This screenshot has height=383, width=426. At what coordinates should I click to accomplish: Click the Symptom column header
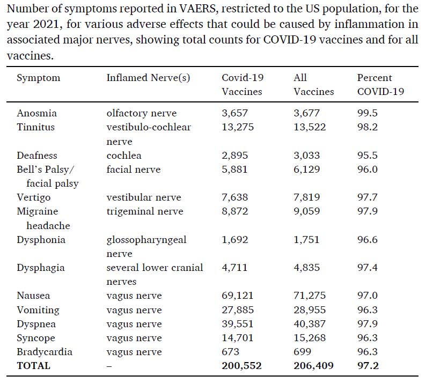pyautogui.click(x=38, y=78)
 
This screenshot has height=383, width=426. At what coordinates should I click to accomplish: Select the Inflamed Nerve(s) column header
pyautogui.click(x=148, y=78)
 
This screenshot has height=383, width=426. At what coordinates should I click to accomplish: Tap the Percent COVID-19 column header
pyautogui.click(x=380, y=84)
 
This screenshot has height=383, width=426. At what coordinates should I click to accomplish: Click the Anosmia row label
pyautogui.click(x=36, y=113)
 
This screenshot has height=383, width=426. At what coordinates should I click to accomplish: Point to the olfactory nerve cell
pyautogui.click(x=142, y=113)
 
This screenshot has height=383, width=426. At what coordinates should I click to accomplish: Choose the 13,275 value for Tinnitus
pyautogui.click(x=238, y=127)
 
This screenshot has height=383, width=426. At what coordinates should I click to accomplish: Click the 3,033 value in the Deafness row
pyautogui.click(x=307, y=156)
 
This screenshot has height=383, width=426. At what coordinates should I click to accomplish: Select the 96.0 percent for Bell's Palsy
pyautogui.click(x=368, y=169)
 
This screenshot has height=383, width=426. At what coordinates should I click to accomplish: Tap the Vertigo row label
pyautogui.click(x=34, y=197)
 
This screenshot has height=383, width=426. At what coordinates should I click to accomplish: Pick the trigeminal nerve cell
pyautogui.click(x=145, y=211)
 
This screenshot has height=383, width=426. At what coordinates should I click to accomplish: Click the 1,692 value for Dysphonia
pyautogui.click(x=235, y=240)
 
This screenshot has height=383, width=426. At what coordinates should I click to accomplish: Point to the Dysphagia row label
pyautogui.click(x=41, y=268)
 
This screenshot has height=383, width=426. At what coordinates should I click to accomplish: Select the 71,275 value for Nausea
pyautogui.click(x=310, y=295)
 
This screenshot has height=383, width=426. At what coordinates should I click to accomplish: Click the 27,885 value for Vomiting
pyautogui.click(x=238, y=310)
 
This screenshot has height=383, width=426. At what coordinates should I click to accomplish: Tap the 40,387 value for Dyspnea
pyautogui.click(x=310, y=324)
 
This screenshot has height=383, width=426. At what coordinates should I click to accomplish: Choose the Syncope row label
pyautogui.click(x=36, y=338)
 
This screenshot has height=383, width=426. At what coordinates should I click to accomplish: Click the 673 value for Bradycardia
pyautogui.click(x=230, y=352)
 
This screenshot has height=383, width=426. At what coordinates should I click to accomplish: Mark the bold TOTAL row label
pyautogui.click(x=34, y=366)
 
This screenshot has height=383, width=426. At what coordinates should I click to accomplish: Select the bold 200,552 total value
pyautogui.click(x=241, y=366)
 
